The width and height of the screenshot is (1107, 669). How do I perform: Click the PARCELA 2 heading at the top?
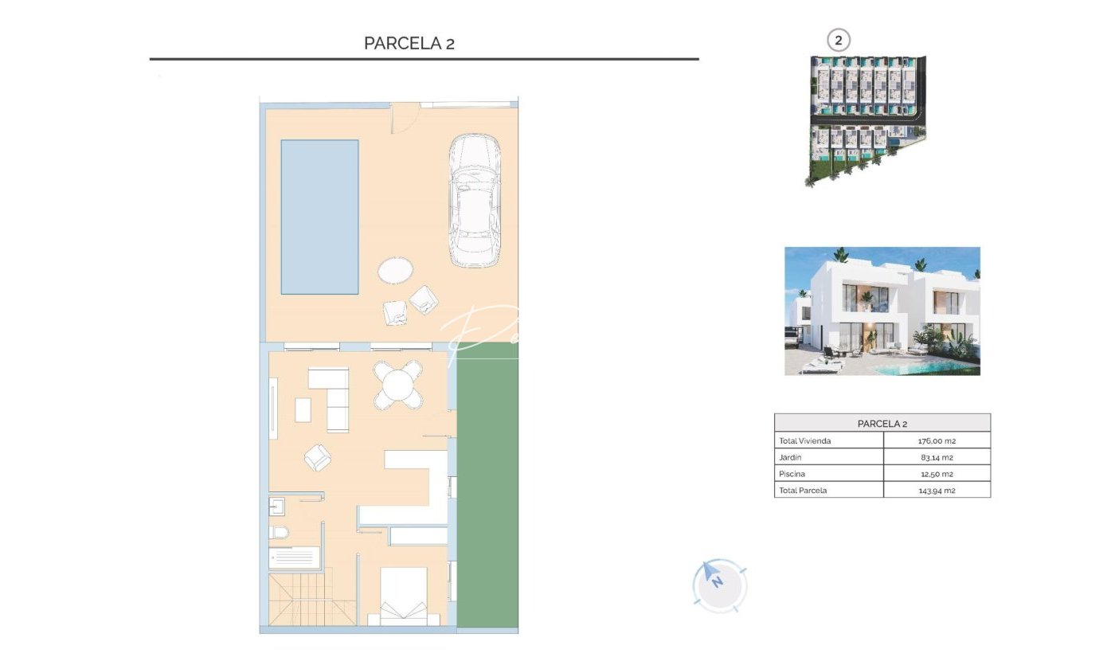(x=409, y=44)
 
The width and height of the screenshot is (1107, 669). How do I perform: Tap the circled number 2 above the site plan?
(x=838, y=40)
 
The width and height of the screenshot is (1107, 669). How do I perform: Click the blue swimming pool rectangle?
(x=319, y=217)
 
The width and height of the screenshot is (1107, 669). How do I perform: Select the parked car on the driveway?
(x=475, y=201)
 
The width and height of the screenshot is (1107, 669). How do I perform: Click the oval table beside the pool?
(x=395, y=270)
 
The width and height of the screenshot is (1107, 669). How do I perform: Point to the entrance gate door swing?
(x=405, y=118)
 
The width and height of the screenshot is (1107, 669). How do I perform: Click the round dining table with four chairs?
(x=398, y=385)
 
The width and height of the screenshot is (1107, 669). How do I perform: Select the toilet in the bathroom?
(x=280, y=532)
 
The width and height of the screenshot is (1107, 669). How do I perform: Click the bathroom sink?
(x=277, y=507)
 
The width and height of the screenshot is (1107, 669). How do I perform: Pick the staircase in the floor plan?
(x=312, y=600)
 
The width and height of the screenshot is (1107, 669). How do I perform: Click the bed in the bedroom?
(x=404, y=597)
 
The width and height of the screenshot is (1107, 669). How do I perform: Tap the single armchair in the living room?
(x=318, y=457)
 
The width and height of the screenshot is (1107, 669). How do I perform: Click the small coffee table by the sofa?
(x=303, y=409)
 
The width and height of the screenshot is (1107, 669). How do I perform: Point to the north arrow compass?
(x=720, y=586)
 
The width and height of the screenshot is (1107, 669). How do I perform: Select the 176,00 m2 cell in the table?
(x=937, y=440)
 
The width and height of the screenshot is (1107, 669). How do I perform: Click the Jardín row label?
(x=790, y=457)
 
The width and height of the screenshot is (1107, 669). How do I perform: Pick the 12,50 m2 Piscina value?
(x=937, y=474)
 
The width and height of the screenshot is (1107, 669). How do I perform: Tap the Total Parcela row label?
(x=803, y=491)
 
